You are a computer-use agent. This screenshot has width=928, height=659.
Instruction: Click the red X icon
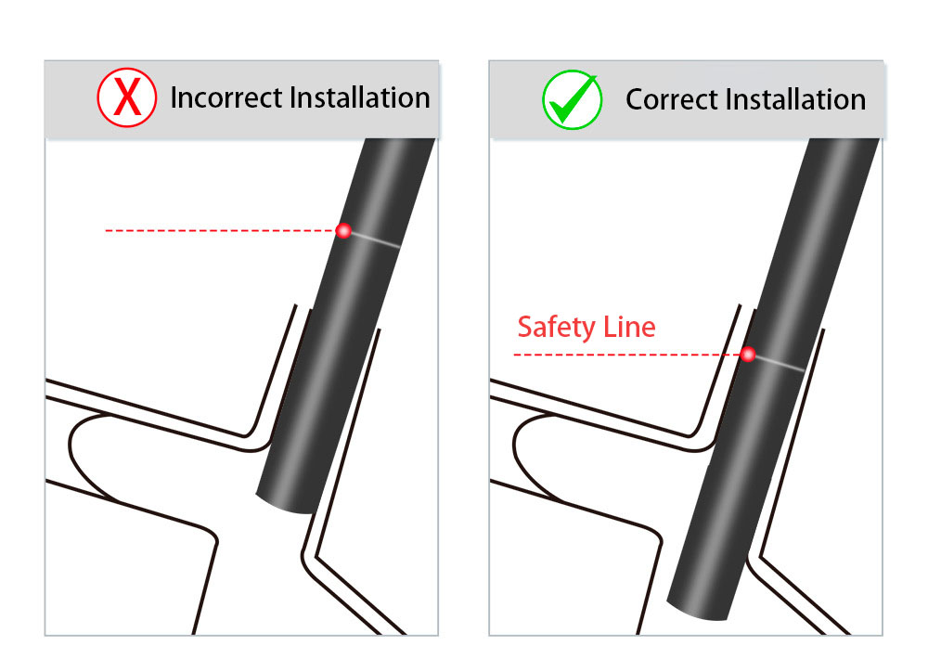[126, 97]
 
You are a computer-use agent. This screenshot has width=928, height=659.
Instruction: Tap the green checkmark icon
[573, 99]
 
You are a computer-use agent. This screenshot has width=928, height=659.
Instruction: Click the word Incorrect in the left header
[226, 97]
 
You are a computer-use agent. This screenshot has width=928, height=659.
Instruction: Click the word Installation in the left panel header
[360, 97]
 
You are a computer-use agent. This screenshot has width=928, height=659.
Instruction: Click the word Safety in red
[556, 328]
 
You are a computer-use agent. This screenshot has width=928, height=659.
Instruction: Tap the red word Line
[629, 327]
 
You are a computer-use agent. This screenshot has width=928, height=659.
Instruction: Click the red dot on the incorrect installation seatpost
[343, 230]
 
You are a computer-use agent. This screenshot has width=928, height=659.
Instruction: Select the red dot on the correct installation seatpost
[748, 354]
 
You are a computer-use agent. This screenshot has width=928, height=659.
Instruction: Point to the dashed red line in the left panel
[220, 230]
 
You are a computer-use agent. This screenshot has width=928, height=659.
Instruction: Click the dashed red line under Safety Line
[626, 355]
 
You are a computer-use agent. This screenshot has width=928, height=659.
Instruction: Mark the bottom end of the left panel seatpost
[284, 505]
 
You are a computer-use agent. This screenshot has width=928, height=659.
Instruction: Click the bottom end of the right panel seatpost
[697, 612]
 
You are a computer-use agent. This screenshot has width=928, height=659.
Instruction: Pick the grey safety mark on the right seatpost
[780, 363]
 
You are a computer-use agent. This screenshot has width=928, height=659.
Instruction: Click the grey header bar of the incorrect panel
[241, 99]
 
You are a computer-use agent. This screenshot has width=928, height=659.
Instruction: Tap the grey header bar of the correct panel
[686, 99]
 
